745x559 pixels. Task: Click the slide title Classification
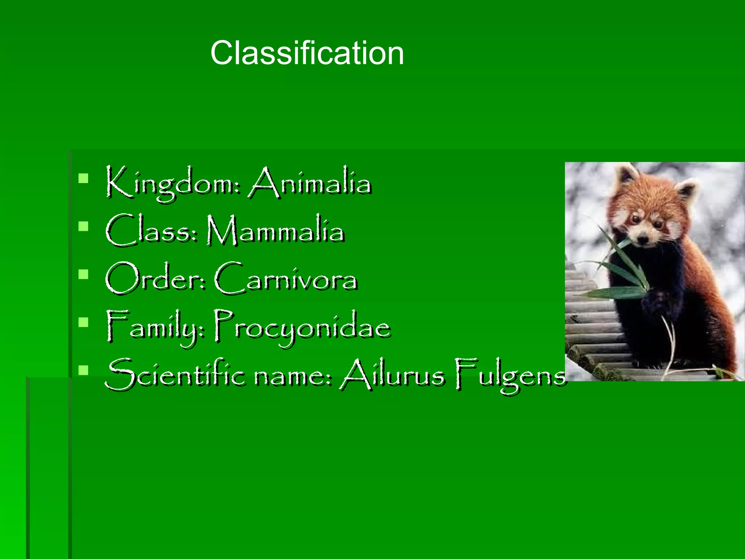coord(307,53)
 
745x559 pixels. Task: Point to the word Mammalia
coord(275,231)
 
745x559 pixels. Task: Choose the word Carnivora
coord(286,279)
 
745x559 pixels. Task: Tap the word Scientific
coord(175,375)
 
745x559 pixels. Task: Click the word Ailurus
coord(393,375)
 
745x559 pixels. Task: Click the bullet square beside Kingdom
coord(83,178)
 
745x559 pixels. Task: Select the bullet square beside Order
coord(83,274)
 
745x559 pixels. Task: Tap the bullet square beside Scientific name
coord(83,370)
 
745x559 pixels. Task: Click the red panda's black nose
coord(643,240)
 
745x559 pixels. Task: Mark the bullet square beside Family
coord(83,322)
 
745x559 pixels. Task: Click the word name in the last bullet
coord(293,376)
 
